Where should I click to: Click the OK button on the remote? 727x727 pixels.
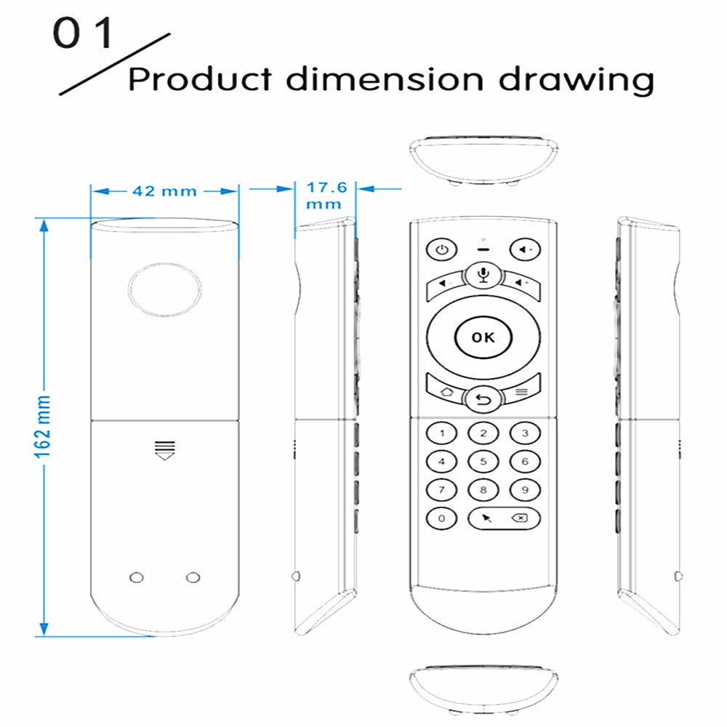(483, 337)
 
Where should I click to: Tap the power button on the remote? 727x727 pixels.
(441, 249)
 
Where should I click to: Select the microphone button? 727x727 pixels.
(483, 275)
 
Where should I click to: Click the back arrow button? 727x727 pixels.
(483, 399)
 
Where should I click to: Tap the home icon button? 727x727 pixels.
(446, 393)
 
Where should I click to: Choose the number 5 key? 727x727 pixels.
(483, 462)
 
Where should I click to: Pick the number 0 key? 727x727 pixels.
(441, 518)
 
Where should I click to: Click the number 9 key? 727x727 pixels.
(525, 490)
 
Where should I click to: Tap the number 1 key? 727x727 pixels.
(441, 433)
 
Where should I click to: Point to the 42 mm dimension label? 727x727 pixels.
(164, 191)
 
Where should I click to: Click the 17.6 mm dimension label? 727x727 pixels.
(326, 195)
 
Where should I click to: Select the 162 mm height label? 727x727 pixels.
(42, 427)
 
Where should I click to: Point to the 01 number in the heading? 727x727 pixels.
(83, 33)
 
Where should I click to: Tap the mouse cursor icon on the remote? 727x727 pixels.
(486, 518)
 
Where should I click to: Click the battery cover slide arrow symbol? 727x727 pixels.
(164, 451)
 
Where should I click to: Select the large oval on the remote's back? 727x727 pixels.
(164, 289)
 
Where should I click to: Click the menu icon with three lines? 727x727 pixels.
(521, 392)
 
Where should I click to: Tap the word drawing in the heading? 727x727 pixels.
(577, 79)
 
